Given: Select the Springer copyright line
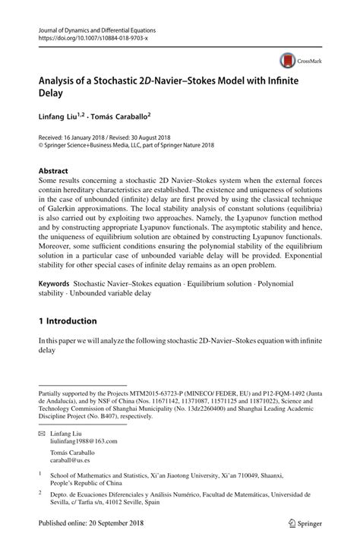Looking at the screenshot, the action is (132, 147).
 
